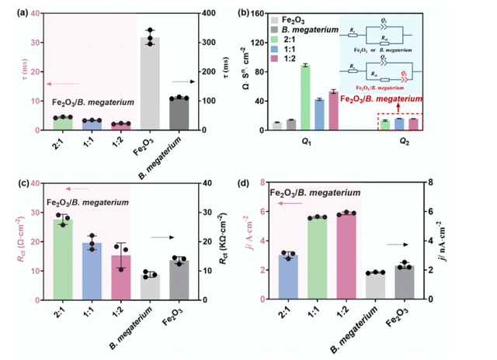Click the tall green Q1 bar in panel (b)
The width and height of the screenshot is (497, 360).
click(x=305, y=97)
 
